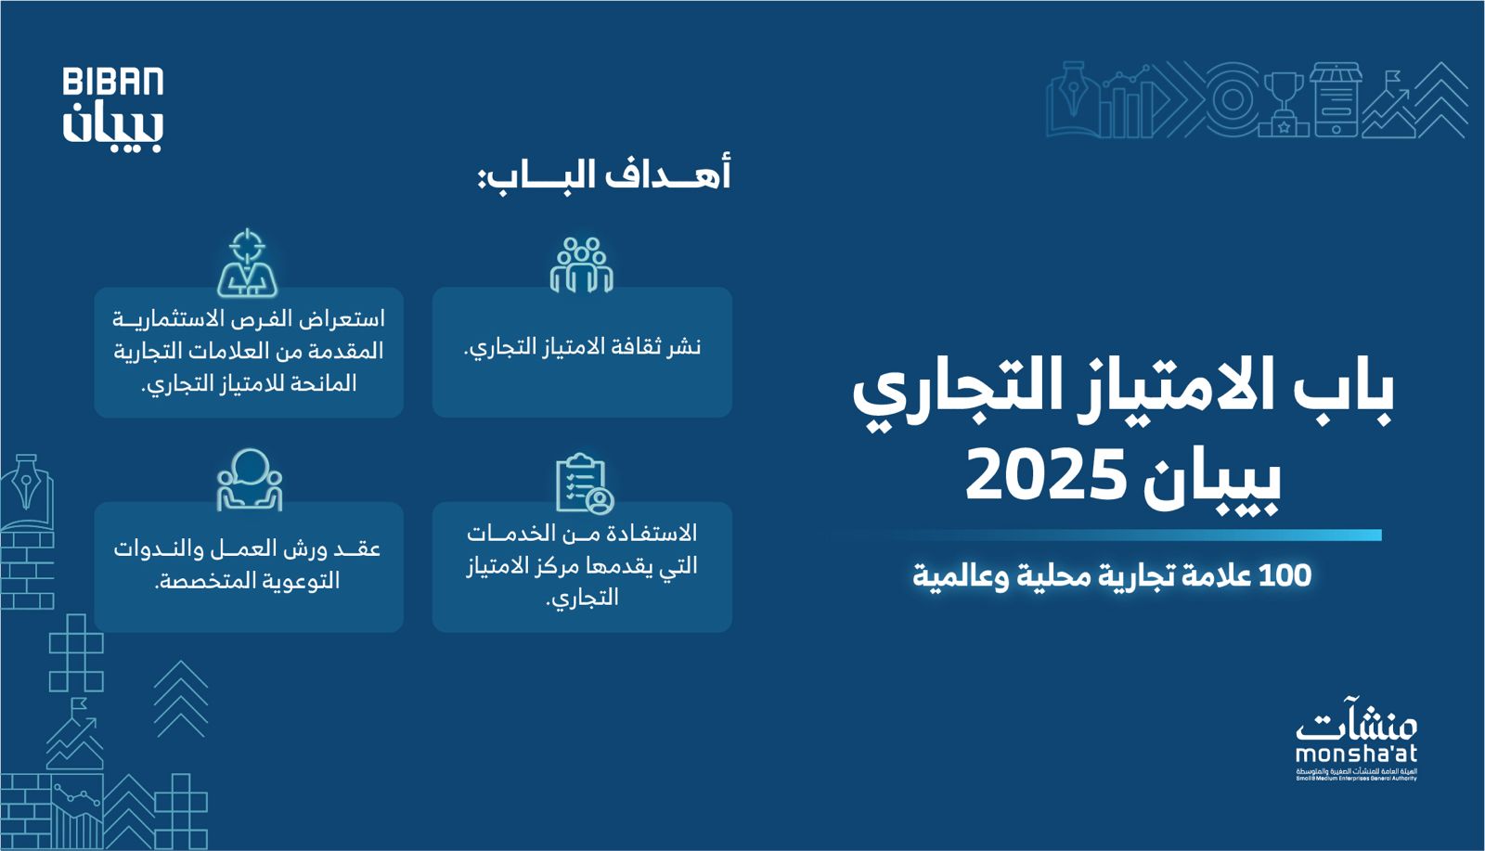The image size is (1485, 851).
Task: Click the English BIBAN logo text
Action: coord(113,82)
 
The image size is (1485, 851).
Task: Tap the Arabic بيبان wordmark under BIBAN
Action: coord(113,127)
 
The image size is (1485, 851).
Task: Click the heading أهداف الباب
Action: coord(604,174)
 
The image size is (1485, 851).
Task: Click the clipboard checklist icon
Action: coord(584,483)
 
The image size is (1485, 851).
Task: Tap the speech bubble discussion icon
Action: coord(250,480)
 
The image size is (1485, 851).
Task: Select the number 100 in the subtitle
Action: coord(1285,575)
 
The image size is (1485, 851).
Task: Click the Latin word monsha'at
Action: coord(1356,753)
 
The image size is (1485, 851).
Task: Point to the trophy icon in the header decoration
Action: coord(1284,100)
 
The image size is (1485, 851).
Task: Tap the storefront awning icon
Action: coord(1336,78)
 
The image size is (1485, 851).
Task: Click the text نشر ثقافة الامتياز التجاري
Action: coord(582,347)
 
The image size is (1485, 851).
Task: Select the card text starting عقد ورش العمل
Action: coord(248,564)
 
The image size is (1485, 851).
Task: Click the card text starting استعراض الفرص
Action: coord(249,351)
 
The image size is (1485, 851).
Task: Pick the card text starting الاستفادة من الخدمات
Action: coord(582,565)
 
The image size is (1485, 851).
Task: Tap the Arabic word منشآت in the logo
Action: coord(1356,720)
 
